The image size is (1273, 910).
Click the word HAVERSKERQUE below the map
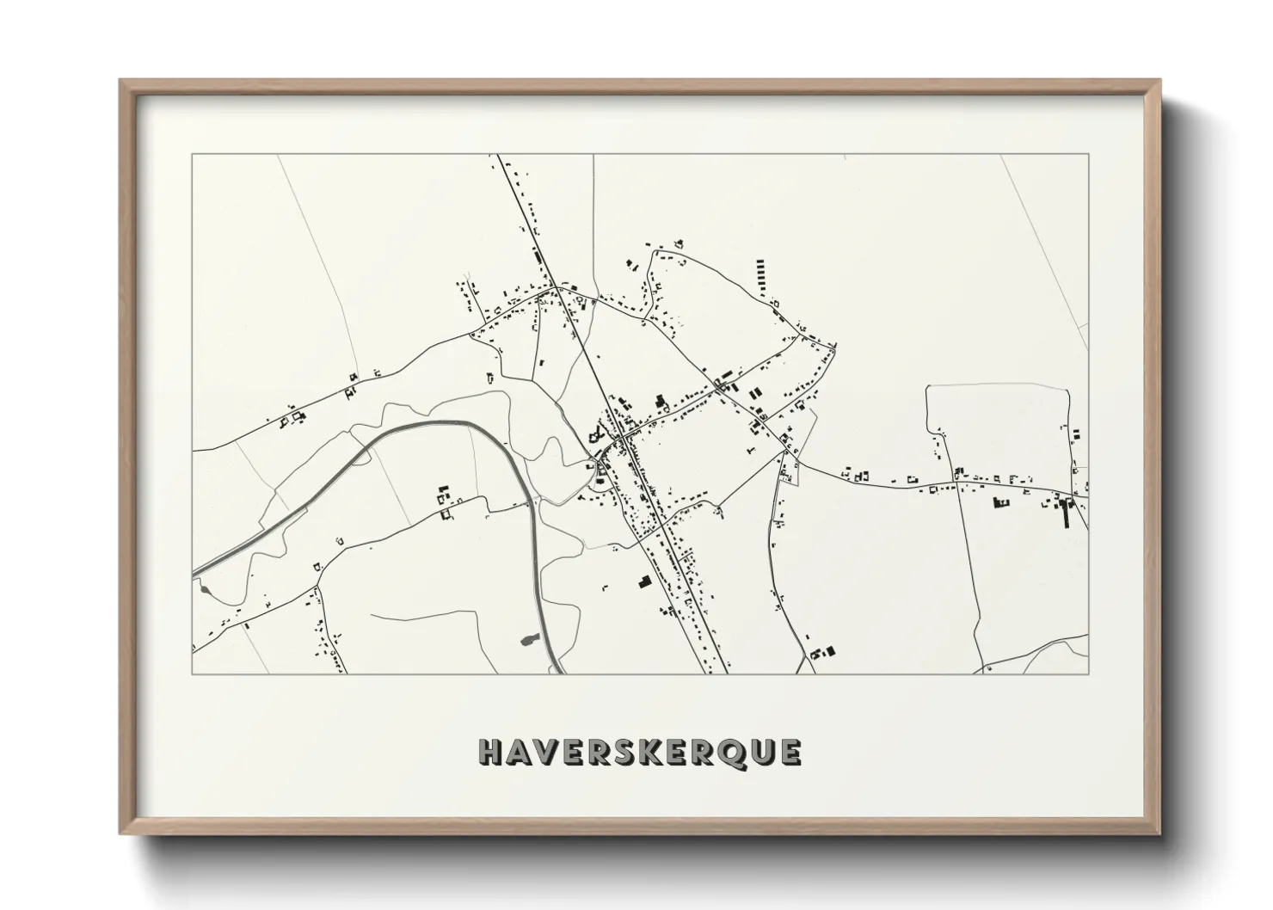click(640, 752)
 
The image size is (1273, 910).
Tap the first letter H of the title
click(490, 753)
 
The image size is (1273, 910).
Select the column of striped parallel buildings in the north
click(760, 274)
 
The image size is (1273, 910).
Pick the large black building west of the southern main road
click(643, 582)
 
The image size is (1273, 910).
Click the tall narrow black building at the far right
click(1067, 514)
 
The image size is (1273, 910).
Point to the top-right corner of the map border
click(1088, 155)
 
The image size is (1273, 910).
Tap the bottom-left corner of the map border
click(193, 673)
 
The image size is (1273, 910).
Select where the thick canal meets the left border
click(194, 572)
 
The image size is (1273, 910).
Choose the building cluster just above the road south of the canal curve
click(444, 501)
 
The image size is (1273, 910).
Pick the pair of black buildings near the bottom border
click(823, 653)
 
